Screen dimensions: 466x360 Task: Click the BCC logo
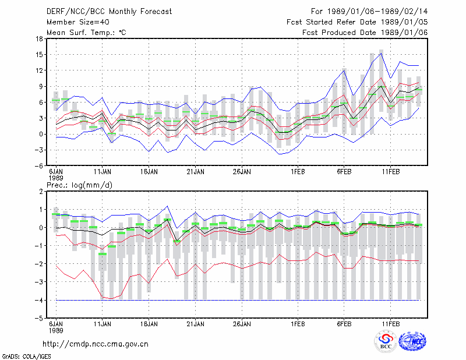[386, 342]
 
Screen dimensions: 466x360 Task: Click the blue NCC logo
[412, 341]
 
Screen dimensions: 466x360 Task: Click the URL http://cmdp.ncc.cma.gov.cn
[96, 344]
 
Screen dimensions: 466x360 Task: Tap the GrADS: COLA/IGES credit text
[26, 356]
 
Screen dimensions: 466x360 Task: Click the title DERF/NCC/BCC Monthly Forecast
[109, 12]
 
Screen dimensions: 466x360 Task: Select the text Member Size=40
[78, 22]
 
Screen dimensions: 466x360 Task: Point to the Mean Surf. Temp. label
[86, 33]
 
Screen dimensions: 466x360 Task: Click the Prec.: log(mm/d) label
[79, 185]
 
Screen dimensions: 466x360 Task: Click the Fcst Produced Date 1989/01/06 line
[365, 33]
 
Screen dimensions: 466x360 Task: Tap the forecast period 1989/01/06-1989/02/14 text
[369, 12]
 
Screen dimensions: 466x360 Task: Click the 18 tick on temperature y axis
[39, 38]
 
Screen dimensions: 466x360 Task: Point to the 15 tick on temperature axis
[39, 55]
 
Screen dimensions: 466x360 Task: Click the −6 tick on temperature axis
[38, 165]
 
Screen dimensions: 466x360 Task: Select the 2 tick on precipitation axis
[41, 192]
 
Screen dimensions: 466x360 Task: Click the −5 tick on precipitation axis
[38, 319]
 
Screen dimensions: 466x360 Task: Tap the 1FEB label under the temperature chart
[298, 172]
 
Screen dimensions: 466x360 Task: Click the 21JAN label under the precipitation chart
[196, 324]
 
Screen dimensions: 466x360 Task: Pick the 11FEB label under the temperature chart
[391, 172]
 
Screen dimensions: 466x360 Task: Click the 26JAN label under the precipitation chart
[242, 324]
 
